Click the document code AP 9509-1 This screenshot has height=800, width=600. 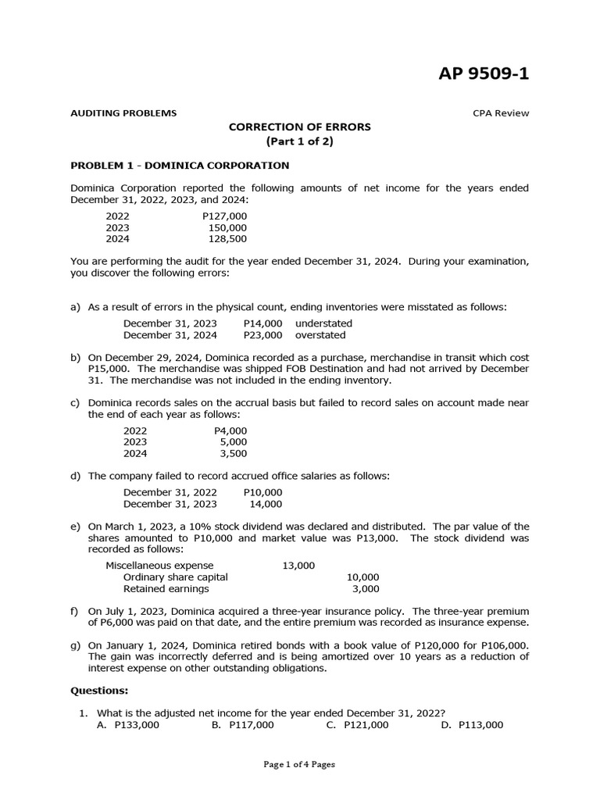pos(484,74)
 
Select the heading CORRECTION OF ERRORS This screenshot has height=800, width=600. pos(299,127)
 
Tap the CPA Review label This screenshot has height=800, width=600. pos(501,112)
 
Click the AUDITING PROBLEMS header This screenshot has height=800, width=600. pos(123,112)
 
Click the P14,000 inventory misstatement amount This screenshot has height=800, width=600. pos(262,323)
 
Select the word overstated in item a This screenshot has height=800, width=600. pos(320,335)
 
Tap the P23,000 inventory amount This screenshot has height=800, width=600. pos(262,335)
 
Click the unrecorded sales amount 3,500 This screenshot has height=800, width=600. pos(231,453)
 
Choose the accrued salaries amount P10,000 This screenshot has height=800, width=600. pos(262,492)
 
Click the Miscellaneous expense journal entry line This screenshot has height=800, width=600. pos(159,566)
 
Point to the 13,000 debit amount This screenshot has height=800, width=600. pos(298,566)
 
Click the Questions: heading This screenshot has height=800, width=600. pos(99,691)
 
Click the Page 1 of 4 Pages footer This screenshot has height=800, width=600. pos(299,765)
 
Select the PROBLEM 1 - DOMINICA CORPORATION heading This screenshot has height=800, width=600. pos(180,166)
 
